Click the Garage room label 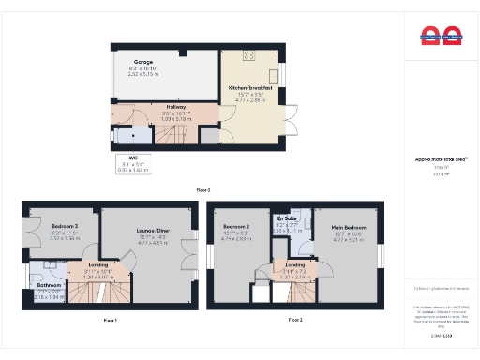pyautogui.click(x=142, y=62)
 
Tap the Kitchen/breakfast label pyautogui.click(x=248, y=87)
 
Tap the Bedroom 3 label pyautogui.click(x=65, y=227)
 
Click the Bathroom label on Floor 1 pyautogui.click(x=50, y=284)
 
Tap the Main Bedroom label pyautogui.click(x=348, y=227)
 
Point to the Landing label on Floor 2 pyautogui.click(x=296, y=265)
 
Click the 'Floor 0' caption pyautogui.click(x=202, y=189)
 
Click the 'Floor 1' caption pyautogui.click(x=110, y=320)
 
